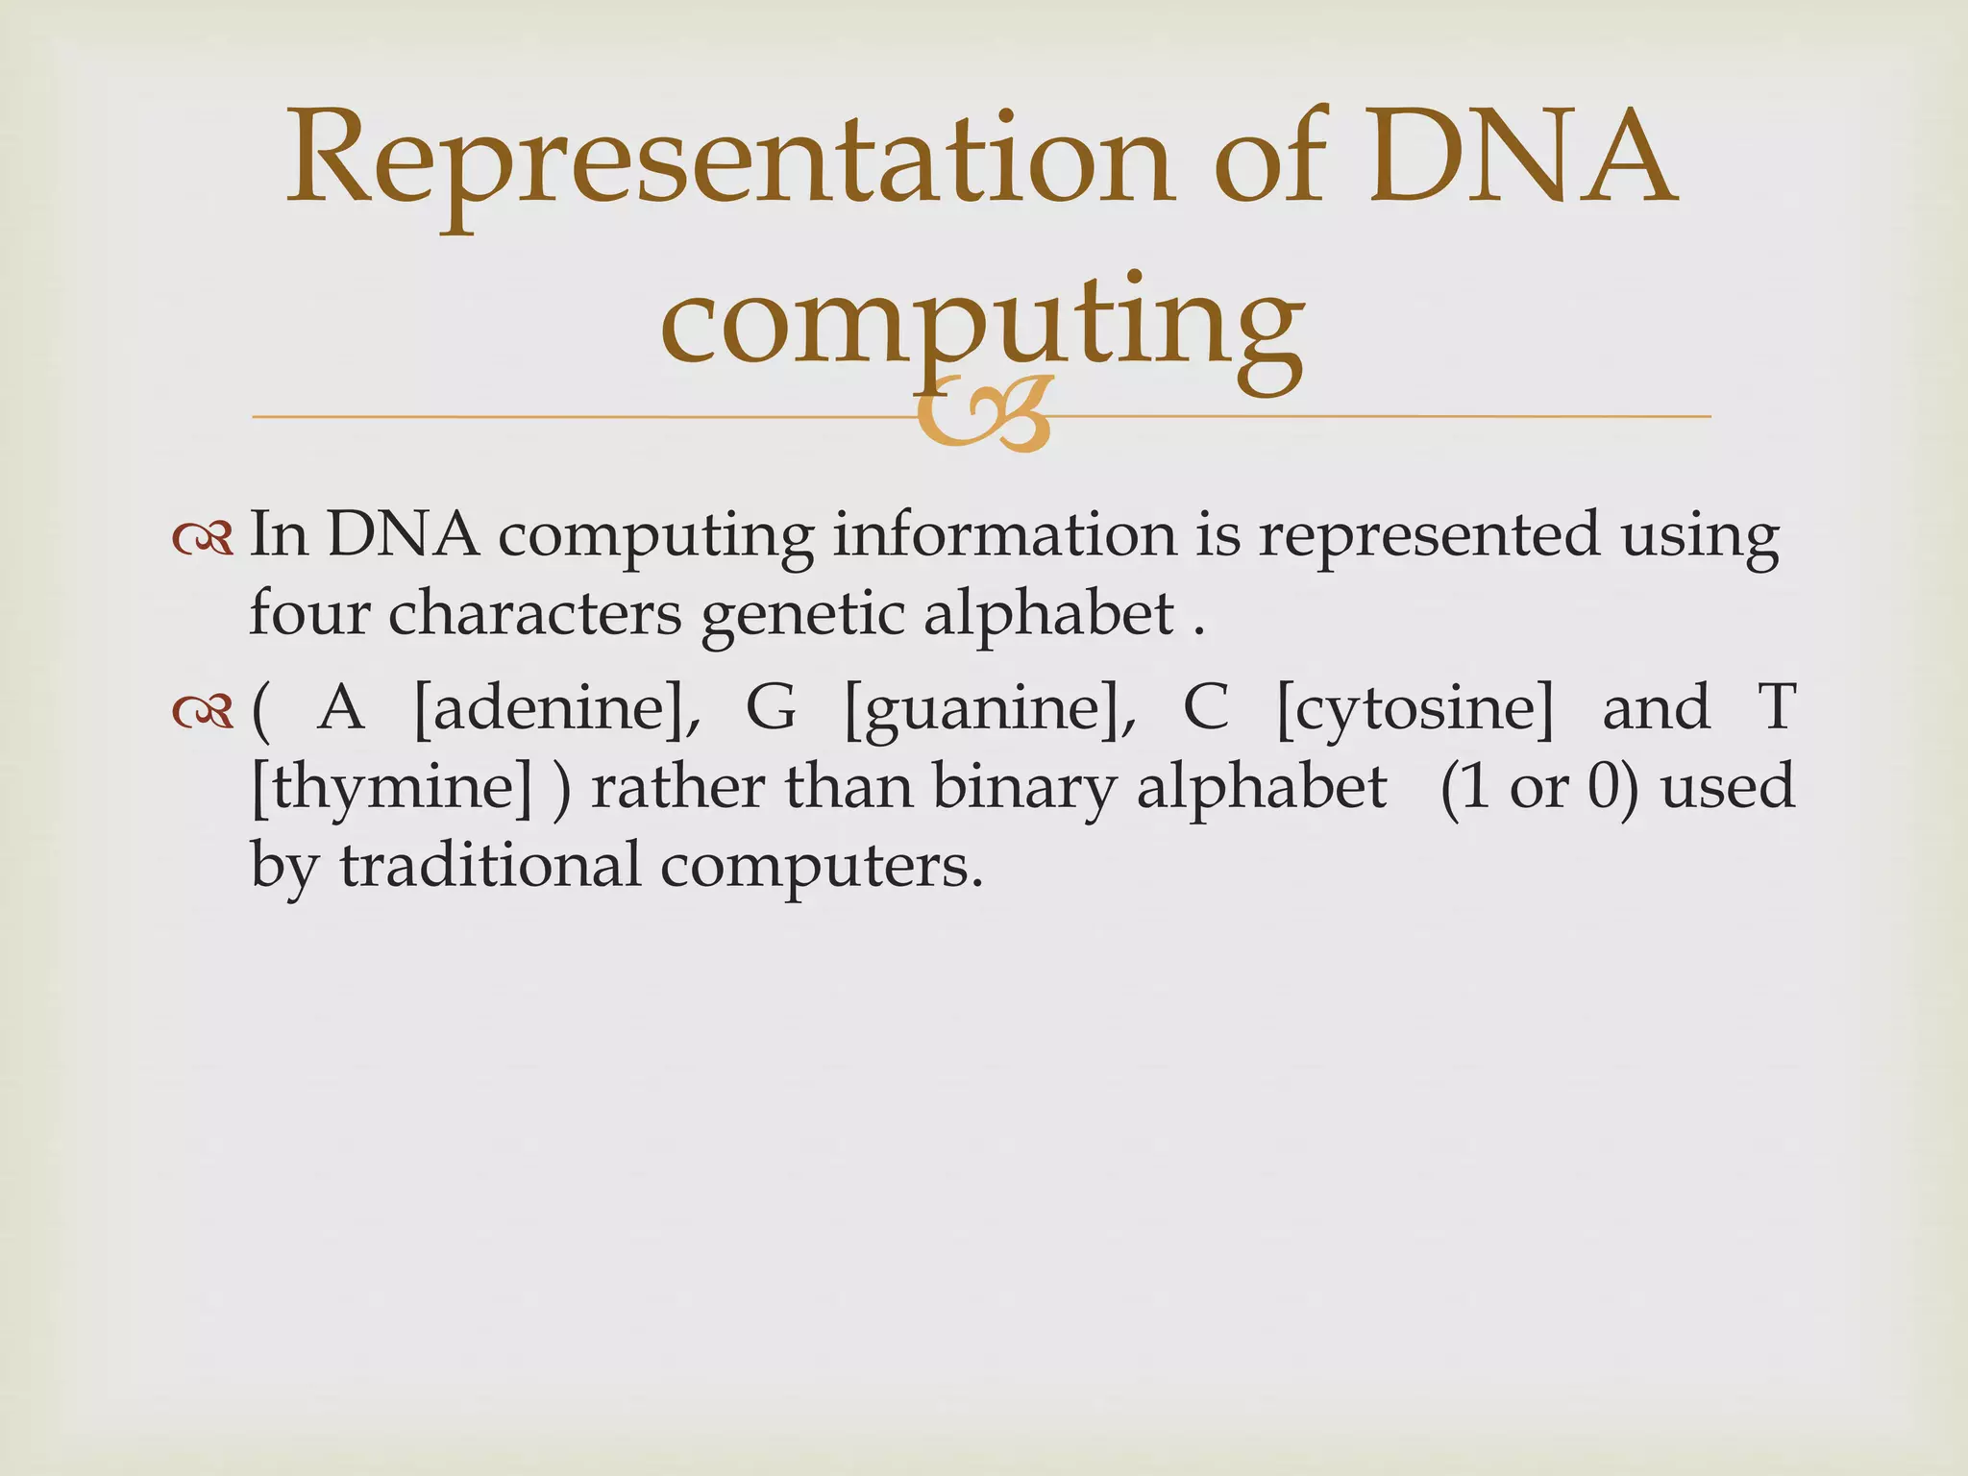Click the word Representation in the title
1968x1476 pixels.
click(728, 159)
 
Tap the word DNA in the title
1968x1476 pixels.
click(1522, 159)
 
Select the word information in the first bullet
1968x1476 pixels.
click(1004, 534)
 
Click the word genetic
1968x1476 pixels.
click(802, 615)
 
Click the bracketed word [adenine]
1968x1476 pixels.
click(556, 709)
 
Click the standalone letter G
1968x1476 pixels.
click(772, 708)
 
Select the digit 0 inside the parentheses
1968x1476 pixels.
click(1603, 787)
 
